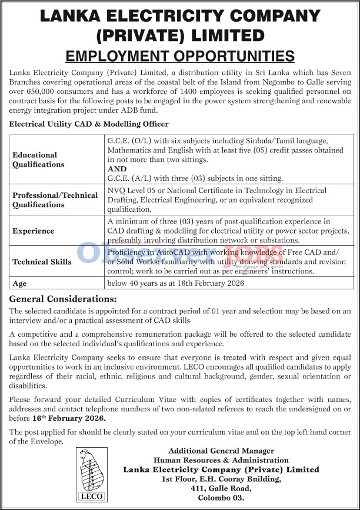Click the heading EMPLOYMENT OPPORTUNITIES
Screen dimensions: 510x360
pos(179,56)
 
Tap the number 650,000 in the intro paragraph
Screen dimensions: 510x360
pos(45,92)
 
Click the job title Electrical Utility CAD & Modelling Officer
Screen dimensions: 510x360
pos(89,124)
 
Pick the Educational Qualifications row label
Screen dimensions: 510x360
pos(35,160)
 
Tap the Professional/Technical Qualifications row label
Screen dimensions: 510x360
pos(55,200)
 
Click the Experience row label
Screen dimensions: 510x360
pos(34,231)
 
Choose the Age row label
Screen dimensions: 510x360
pos(19,283)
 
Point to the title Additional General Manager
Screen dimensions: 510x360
pos(221,451)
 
